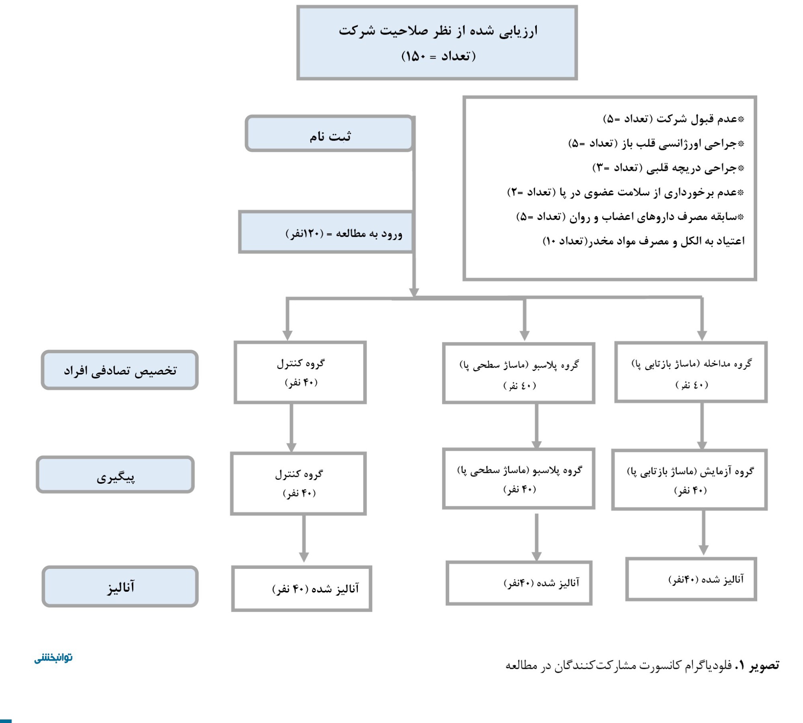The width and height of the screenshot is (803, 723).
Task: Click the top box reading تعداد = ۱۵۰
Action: pos(437,43)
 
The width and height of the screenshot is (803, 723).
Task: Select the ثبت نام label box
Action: pos(329,134)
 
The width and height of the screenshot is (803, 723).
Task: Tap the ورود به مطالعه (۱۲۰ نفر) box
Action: pos(326,232)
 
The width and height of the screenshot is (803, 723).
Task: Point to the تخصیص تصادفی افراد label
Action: pos(120,370)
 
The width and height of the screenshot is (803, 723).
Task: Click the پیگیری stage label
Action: pos(115,475)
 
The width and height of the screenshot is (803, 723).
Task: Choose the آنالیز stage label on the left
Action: pos(120,587)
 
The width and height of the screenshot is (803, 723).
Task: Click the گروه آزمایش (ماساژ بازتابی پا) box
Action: pos(689,480)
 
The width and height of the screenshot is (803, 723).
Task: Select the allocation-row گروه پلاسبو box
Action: pos(518,373)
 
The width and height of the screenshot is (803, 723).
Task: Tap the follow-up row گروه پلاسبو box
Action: pos(518,479)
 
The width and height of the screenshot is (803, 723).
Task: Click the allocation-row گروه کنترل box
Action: pos(300,373)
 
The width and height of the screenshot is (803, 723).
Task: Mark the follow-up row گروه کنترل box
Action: pos(298,484)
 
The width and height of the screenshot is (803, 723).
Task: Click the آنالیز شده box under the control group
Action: pos(302,589)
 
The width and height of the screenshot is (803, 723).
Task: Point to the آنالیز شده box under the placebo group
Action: pos(519,583)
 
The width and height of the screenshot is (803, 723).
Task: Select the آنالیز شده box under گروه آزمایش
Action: pos(691,579)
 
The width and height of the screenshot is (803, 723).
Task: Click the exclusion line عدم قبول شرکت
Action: pos(674,119)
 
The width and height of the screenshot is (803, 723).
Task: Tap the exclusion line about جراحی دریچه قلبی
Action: pos(668,168)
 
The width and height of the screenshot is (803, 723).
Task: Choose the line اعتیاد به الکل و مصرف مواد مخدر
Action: pos(644,241)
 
